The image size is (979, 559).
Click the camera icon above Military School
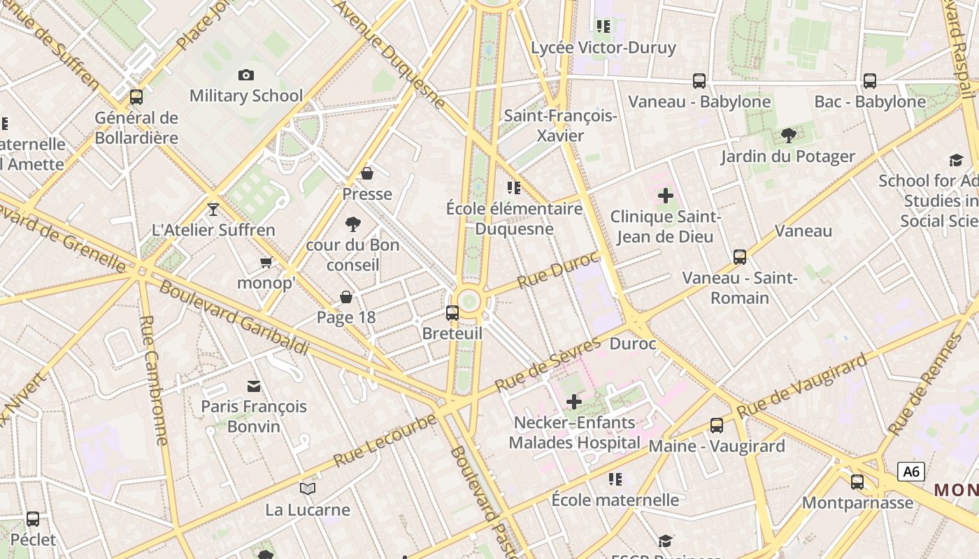(245, 75)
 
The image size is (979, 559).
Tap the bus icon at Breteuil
(452, 313)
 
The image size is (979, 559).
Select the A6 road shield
(911, 472)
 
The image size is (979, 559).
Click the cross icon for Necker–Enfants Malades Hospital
(573, 402)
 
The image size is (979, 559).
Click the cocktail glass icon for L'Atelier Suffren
(213, 209)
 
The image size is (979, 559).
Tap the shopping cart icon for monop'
(266, 263)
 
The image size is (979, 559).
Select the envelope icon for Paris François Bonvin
(253, 386)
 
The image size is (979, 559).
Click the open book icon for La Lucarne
(307, 488)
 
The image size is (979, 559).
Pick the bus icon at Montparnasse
(857, 481)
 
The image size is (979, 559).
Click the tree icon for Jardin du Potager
(788, 136)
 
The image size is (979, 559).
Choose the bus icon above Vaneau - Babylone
(699, 81)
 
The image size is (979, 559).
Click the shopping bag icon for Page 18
(345, 298)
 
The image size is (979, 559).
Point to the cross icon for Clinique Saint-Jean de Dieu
(665, 196)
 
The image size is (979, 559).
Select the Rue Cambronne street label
(155, 380)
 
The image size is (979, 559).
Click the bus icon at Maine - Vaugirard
(716, 426)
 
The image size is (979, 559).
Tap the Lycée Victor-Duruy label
(603, 48)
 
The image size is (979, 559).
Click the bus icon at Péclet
(33, 519)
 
